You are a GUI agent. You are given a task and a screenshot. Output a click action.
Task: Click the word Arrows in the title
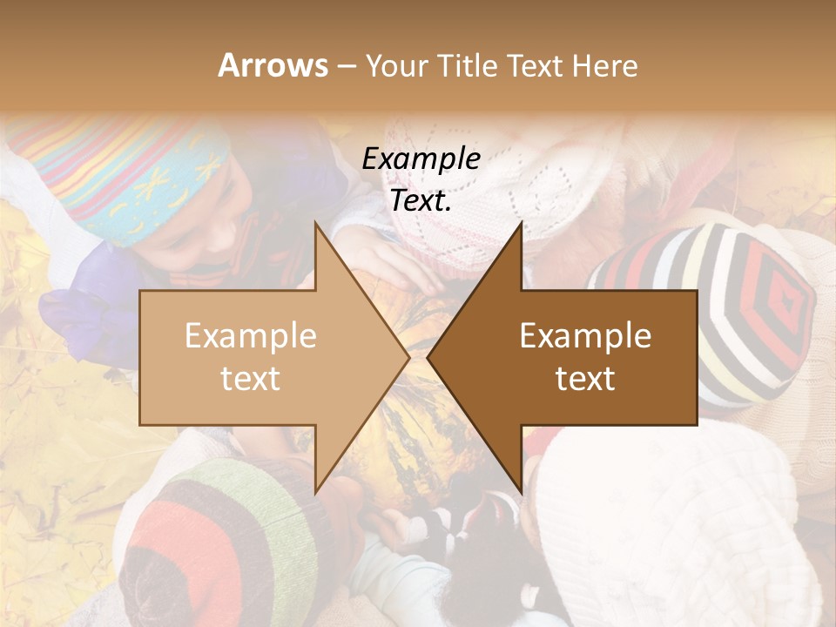[273, 65]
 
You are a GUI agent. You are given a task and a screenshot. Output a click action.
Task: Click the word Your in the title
[396, 65]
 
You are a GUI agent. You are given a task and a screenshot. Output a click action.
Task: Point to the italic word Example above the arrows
[421, 158]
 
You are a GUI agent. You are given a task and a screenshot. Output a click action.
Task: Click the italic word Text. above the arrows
[421, 200]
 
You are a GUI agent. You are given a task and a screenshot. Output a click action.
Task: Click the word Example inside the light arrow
[251, 335]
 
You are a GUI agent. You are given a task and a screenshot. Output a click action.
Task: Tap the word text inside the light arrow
[251, 378]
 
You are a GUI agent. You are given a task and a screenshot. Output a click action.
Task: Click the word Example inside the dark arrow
[585, 335]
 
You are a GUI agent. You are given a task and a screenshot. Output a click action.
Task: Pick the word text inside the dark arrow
[585, 378]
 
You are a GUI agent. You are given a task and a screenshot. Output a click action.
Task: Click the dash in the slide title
[346, 66]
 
